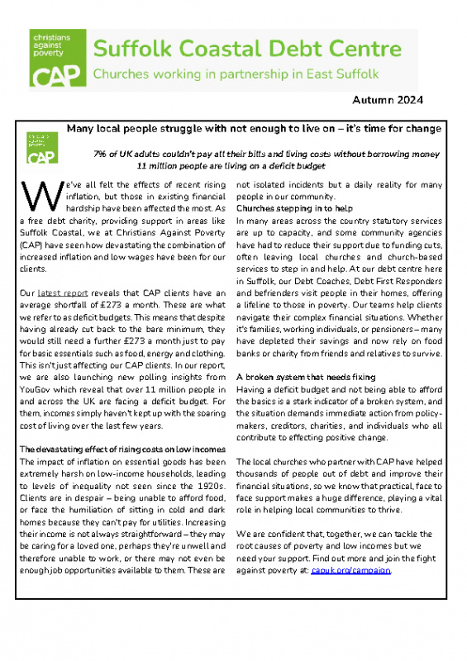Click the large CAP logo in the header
(56, 59)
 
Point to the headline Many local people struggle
(253, 130)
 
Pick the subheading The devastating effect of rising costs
(119, 449)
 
